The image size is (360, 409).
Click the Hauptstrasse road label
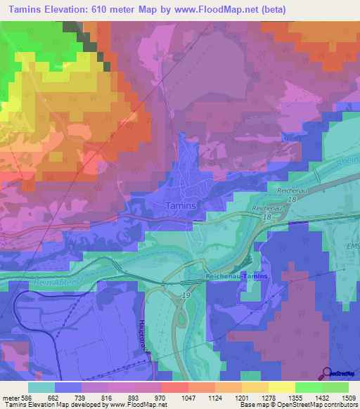pos(146,340)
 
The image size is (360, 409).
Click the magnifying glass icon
pos(326,373)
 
